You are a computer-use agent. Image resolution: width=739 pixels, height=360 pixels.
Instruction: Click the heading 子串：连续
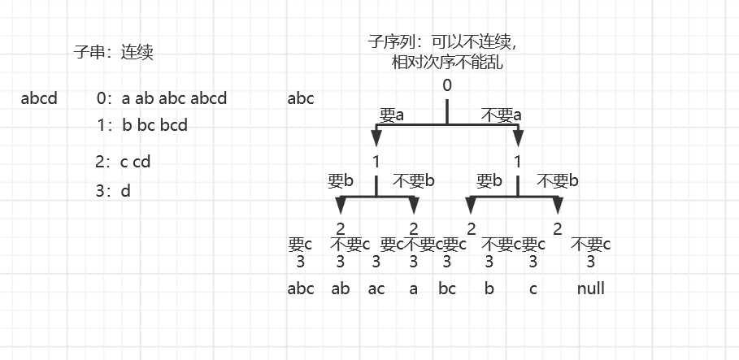point(113,53)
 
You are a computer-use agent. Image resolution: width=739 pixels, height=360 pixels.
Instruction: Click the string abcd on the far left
point(39,99)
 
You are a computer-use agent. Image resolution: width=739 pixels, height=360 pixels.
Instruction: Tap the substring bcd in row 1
point(174,126)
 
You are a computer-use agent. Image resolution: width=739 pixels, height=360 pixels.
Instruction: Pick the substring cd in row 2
point(141,162)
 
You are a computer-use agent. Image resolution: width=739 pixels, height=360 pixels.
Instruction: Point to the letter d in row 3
point(125,191)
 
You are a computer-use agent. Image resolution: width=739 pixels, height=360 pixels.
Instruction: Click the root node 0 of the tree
point(447,85)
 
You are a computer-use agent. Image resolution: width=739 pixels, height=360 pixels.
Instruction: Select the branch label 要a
point(391,115)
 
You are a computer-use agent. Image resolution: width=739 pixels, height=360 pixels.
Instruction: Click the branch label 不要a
point(501,115)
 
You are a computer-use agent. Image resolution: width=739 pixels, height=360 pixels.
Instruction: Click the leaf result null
point(591,288)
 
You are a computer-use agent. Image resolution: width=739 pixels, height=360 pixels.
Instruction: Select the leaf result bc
point(447,288)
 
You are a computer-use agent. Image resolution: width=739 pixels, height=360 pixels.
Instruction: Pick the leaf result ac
point(376,288)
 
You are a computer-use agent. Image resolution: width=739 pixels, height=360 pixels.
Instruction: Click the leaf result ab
point(341,288)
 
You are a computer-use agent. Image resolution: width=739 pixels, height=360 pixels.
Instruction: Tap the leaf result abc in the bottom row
point(301,288)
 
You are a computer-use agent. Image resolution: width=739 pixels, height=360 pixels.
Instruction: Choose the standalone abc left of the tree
point(301,99)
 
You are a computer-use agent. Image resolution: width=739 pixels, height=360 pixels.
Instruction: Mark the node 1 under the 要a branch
point(376,161)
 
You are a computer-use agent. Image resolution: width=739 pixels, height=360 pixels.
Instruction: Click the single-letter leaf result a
point(413,288)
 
